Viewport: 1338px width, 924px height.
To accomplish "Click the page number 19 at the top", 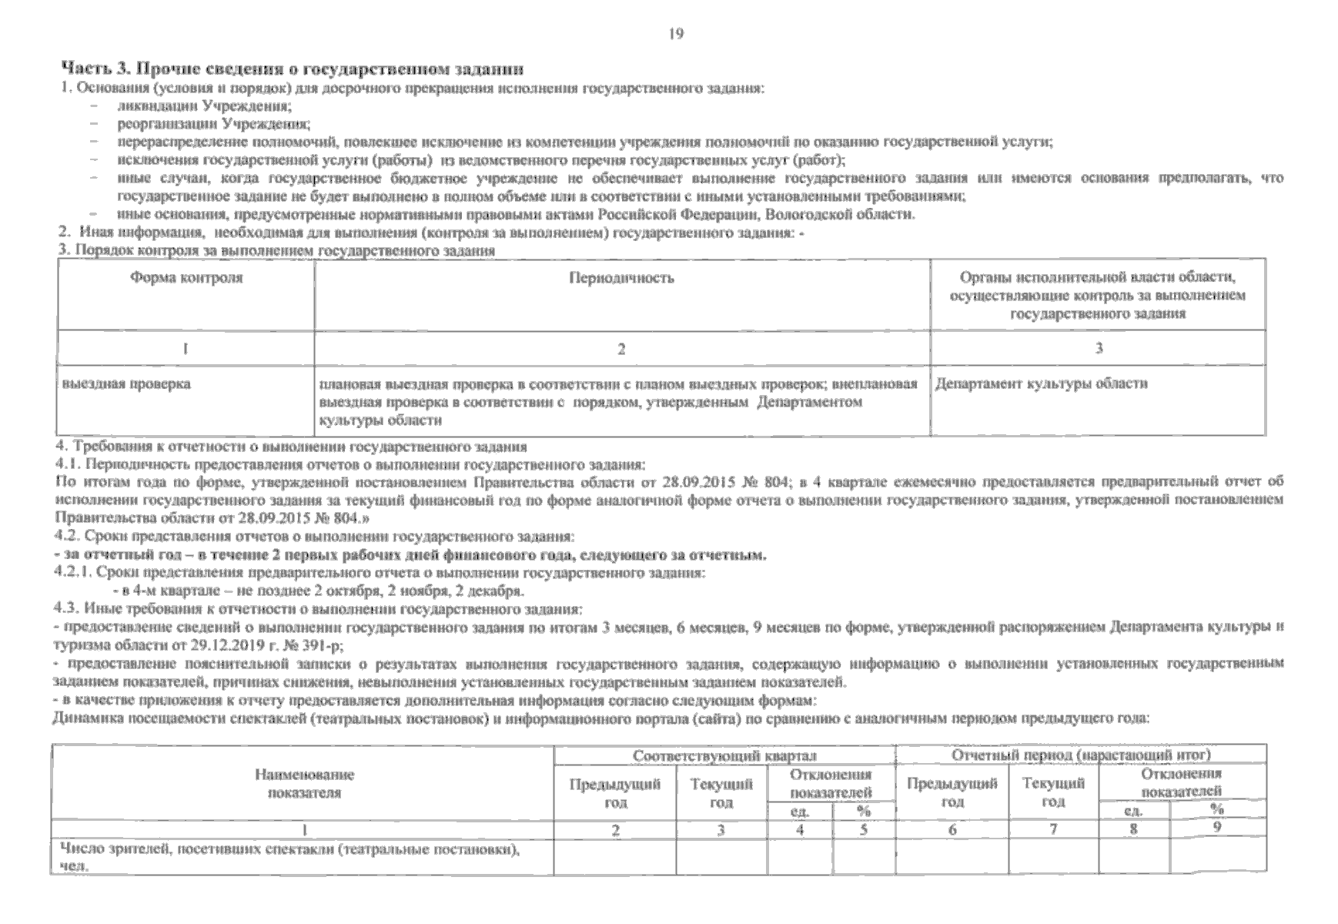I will click(676, 34).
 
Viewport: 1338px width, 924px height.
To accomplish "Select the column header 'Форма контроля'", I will click(186, 278).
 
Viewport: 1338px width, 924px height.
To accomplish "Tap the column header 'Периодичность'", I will click(621, 278).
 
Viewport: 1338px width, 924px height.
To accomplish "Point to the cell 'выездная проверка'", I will click(126, 383).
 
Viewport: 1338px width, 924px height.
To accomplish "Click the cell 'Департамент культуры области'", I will click(1041, 383).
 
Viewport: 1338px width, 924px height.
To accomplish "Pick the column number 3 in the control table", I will click(1099, 348).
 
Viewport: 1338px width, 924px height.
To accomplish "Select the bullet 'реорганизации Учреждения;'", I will click(213, 123).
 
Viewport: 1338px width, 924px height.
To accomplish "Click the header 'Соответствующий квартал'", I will click(724, 755).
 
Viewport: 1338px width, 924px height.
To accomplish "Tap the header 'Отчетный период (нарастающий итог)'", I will click(1081, 755).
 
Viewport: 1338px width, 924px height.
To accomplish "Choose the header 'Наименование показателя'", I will click(303, 783).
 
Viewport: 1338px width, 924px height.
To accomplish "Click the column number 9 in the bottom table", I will click(1217, 827).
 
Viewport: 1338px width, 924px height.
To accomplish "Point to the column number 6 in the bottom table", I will click(952, 830).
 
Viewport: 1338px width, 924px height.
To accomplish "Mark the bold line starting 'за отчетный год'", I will click(411, 555).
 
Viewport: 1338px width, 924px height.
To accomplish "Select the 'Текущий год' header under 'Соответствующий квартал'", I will click(721, 793).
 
